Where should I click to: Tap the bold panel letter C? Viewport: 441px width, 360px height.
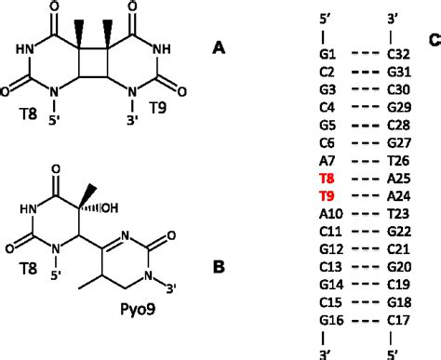(x=434, y=40)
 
